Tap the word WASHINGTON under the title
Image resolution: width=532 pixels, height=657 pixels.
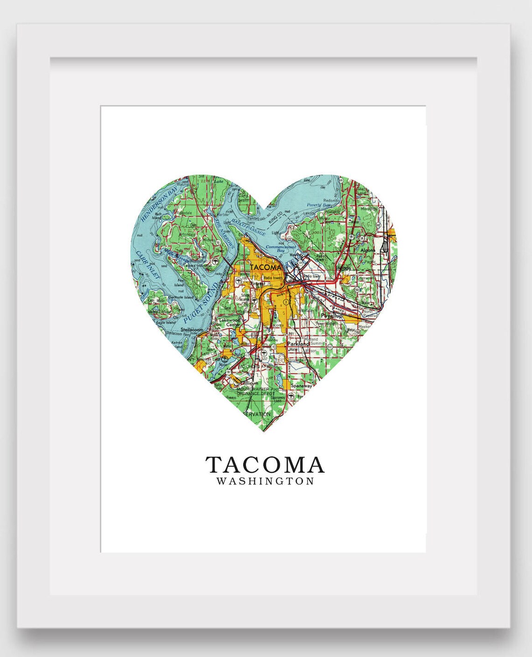tap(265, 482)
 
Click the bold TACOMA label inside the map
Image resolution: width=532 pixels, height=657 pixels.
tap(266, 267)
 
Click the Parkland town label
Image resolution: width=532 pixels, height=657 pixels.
tap(298, 344)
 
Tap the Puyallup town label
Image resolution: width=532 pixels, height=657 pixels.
tap(332, 316)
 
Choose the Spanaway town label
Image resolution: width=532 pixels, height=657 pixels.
tap(301, 385)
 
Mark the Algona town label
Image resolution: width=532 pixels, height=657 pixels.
tap(367, 251)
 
